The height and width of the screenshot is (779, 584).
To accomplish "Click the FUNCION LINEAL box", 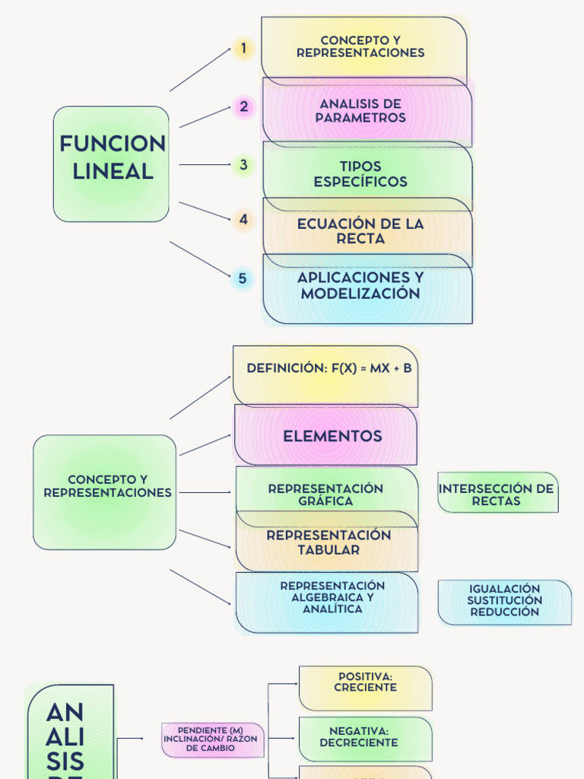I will pyautogui.click(x=112, y=164).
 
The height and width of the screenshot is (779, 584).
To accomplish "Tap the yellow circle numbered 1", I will pyautogui.click(x=243, y=49).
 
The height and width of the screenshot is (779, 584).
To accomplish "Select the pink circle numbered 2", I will pyautogui.click(x=243, y=107).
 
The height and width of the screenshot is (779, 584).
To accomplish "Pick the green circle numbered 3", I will pyautogui.click(x=243, y=164).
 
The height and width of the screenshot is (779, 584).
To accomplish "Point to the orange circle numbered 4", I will pyautogui.click(x=243, y=220).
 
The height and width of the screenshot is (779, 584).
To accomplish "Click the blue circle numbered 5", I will pyautogui.click(x=243, y=278).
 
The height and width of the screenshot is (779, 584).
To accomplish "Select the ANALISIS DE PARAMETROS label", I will pyautogui.click(x=360, y=111).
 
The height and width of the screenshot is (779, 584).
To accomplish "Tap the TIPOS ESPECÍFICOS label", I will pyautogui.click(x=360, y=174).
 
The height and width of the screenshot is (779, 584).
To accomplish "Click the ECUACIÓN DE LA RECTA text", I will pyautogui.click(x=360, y=231).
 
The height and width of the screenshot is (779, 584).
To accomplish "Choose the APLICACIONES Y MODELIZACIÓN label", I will pyautogui.click(x=360, y=285).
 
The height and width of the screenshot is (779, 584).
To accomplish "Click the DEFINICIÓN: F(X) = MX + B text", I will pyautogui.click(x=328, y=368).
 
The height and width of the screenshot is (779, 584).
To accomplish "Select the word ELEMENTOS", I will pyautogui.click(x=332, y=436).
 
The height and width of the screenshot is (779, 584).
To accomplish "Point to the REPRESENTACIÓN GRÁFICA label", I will pyautogui.click(x=325, y=494).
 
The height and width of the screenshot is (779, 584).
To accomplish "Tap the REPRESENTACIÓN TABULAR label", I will pyautogui.click(x=328, y=542).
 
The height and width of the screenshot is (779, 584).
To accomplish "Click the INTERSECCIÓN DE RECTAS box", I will pyautogui.click(x=497, y=494).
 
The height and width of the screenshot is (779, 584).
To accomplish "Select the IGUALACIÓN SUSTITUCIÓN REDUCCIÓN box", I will pyautogui.click(x=504, y=601).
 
